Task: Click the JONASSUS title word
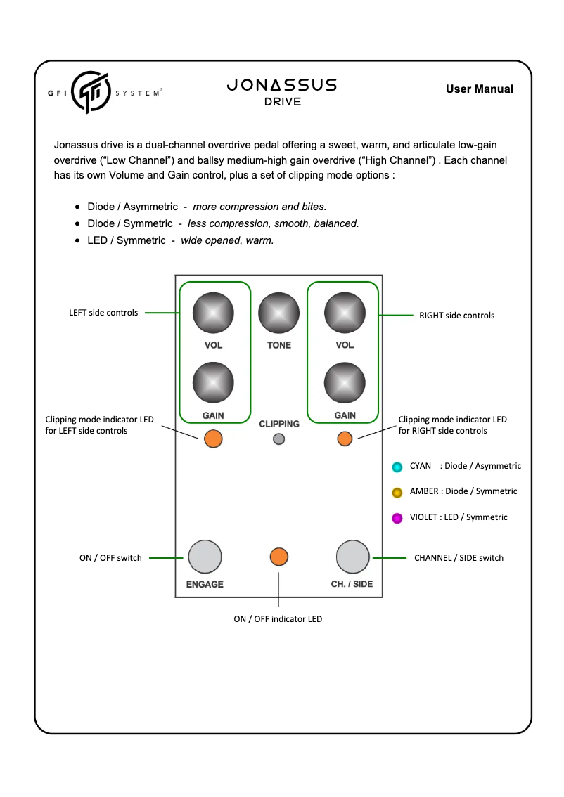point(282,85)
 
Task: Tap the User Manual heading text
point(479,89)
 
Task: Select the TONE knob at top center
point(278,313)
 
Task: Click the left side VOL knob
point(213,313)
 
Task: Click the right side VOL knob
point(345,313)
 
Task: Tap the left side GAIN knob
point(213,383)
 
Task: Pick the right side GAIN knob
point(345,383)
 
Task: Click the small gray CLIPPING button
point(278,439)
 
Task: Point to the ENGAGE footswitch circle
point(205,557)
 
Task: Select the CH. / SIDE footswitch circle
point(352,557)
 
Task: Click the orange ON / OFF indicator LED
point(279,557)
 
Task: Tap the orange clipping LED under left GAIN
point(213,439)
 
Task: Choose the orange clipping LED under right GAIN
point(345,439)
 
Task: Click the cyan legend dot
point(397,467)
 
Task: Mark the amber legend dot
point(397,492)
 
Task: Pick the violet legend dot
point(397,518)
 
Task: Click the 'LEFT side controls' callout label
point(103,313)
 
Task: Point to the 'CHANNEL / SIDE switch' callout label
point(459,558)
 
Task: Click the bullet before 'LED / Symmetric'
point(78,241)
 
